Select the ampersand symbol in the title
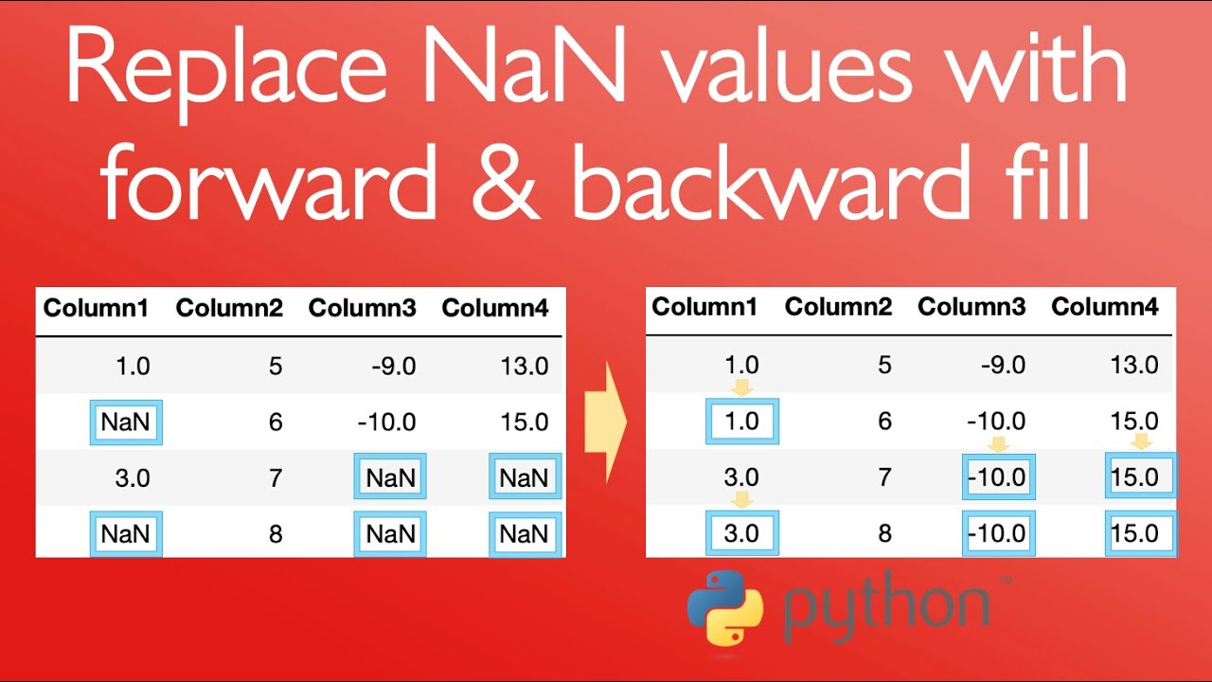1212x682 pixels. (506, 182)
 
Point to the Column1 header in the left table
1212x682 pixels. (96, 308)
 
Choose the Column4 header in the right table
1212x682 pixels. (1104, 307)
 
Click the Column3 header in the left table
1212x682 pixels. (362, 308)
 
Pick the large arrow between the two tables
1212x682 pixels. (606, 422)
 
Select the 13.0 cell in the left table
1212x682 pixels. (525, 367)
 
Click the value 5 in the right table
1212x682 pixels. (884, 365)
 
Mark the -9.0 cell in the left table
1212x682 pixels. (394, 367)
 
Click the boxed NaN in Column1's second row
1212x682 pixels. (126, 422)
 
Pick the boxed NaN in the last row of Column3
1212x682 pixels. (390, 534)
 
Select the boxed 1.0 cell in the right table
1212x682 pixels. (742, 422)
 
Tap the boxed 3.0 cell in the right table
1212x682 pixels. (742, 533)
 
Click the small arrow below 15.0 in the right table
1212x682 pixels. (1141, 440)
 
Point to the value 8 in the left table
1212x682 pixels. (276, 534)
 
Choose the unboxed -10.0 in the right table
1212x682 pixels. (996, 422)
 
